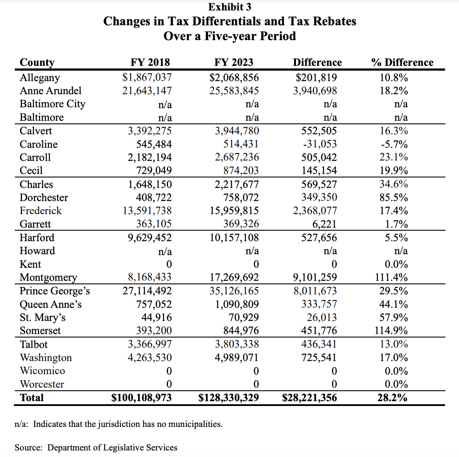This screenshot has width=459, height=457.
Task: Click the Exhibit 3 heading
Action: pyautogui.click(x=229, y=7)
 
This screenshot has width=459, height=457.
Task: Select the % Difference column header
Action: pyautogui.click(x=402, y=62)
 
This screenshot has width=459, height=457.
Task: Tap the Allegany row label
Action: pyautogui.click(x=40, y=78)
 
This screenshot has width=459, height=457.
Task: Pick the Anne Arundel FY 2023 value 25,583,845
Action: pyautogui.click(x=232, y=91)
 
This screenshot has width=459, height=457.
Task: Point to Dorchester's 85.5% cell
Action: pyautogui.click(x=394, y=198)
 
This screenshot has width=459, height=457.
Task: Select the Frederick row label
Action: pyautogui.click(x=41, y=211)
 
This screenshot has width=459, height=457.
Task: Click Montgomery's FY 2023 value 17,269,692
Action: pyautogui.click(x=232, y=277)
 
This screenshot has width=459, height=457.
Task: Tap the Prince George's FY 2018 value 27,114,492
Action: pyautogui.click(x=147, y=291)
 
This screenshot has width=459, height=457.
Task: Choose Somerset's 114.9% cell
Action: pyautogui.click(x=391, y=331)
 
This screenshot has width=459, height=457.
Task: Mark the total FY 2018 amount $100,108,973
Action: pyautogui.click(x=141, y=398)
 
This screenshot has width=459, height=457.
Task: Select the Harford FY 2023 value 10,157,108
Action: pyautogui.click(x=232, y=238)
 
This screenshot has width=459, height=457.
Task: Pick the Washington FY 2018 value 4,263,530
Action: pyautogui.click(x=150, y=358)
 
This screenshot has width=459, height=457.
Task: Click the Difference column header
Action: pyautogui.click(x=317, y=62)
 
